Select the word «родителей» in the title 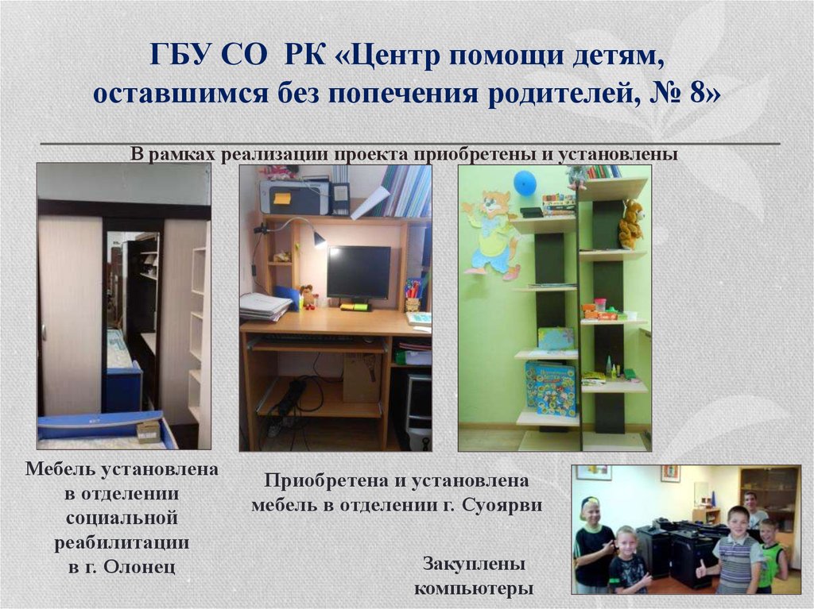pyautogui.click(x=560, y=93)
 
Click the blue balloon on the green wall pyautogui.click(x=525, y=183)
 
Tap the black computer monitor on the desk pyautogui.click(x=359, y=272)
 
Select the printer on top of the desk pyautogui.click(x=295, y=196)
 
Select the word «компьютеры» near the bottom pyautogui.click(x=473, y=588)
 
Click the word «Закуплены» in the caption pyautogui.click(x=474, y=565)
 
